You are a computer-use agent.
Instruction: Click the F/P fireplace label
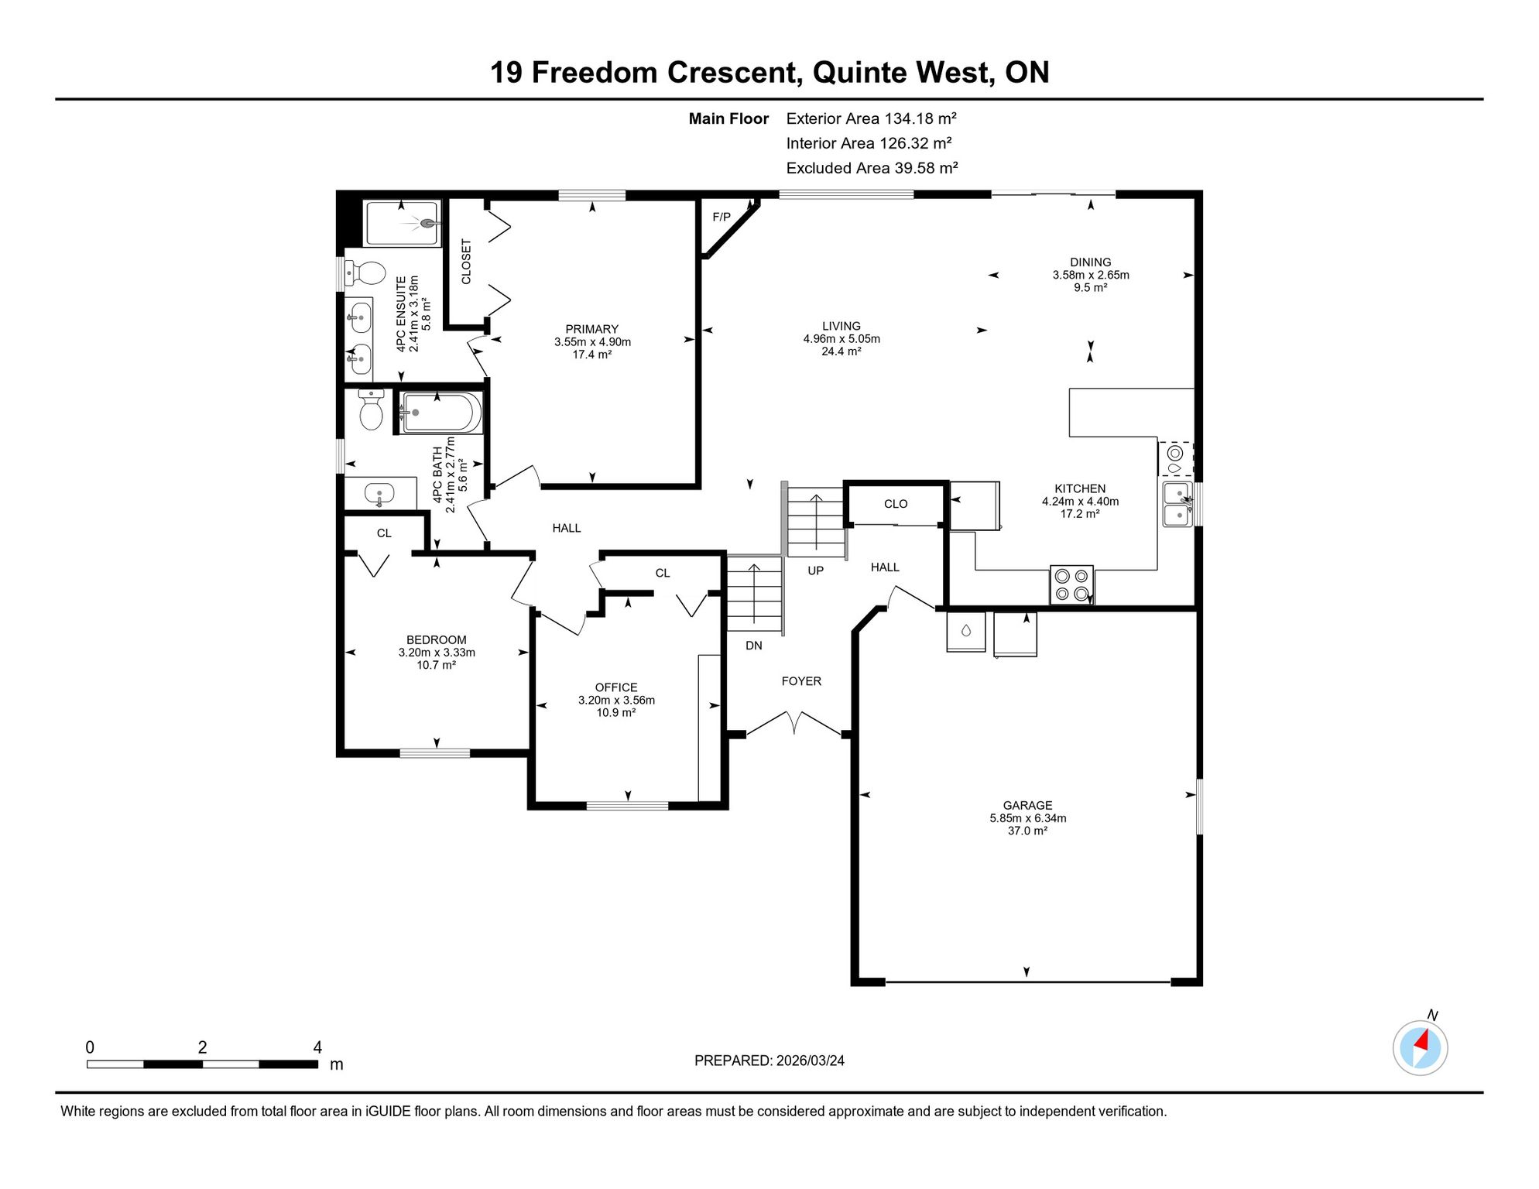[722, 217]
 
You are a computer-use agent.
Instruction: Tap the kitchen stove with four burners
[1072, 584]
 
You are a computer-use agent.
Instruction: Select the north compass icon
[1421, 1047]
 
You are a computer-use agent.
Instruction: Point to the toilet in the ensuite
[365, 272]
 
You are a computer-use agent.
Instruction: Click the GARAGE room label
[1027, 805]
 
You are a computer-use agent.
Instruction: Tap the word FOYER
[801, 681]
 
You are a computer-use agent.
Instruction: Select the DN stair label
[754, 646]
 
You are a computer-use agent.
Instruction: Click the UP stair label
[816, 571]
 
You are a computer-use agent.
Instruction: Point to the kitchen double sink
[1178, 505]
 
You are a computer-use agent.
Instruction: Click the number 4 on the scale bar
[317, 1047]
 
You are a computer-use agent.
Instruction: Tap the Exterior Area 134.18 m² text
[872, 118]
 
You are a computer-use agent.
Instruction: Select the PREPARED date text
[769, 1061]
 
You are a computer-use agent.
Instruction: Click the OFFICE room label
[616, 687]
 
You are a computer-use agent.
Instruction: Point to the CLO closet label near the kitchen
[896, 504]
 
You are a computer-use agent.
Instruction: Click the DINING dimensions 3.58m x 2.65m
[1091, 275]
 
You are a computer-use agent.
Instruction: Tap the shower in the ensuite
[403, 224]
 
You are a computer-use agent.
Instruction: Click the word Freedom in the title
[595, 72]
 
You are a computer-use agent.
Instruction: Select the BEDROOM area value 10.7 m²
[437, 665]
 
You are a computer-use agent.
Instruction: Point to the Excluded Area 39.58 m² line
[872, 168]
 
